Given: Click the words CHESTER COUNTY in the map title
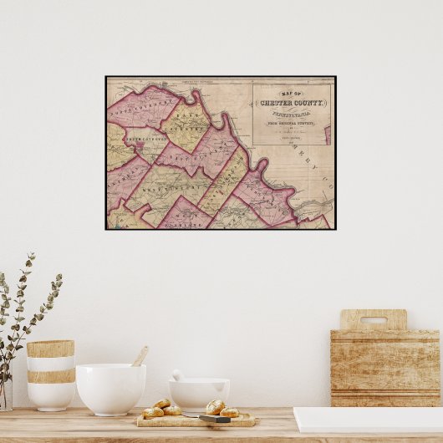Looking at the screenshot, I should (x=292, y=103).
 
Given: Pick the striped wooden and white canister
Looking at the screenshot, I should (x=50, y=374).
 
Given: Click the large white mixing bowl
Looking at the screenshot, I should (x=110, y=389).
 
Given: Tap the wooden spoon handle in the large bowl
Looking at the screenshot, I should (x=140, y=357).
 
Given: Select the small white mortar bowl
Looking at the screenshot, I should (x=199, y=393).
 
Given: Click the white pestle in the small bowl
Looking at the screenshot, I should (x=178, y=375).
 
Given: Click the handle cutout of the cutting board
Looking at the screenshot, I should (x=373, y=320).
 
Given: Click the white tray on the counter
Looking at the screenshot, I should (x=368, y=420).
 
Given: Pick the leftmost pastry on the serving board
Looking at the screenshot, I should (x=152, y=412).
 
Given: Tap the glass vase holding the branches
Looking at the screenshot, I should (x=6, y=393).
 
